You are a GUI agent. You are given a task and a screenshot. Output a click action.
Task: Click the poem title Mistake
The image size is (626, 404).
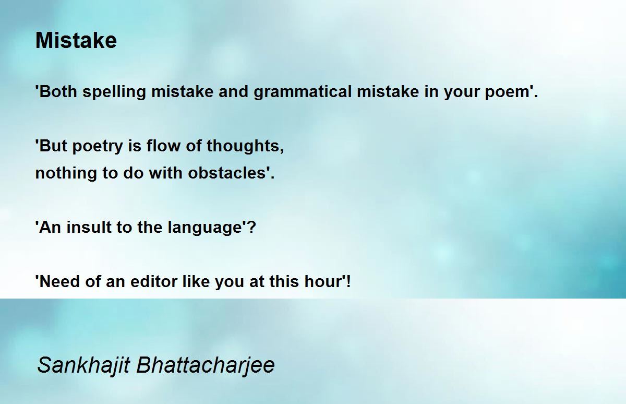pos(76,40)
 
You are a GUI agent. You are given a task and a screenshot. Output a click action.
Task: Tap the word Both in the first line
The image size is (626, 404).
pos(58,91)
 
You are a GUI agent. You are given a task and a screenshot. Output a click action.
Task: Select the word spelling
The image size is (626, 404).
pos(114,92)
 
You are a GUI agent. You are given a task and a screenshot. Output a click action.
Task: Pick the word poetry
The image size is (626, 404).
pos(98,147)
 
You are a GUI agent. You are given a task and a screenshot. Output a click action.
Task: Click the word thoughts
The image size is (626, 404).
pos(243,146)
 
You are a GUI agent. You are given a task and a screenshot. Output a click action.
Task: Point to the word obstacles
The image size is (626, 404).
pos(226,173)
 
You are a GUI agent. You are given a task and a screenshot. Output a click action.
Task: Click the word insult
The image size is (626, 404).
pos(89,227)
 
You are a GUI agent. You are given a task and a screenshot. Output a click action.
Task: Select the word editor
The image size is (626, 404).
pos(154,281)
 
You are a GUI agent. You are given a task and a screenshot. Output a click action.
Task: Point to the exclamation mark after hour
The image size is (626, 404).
pos(348,281)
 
